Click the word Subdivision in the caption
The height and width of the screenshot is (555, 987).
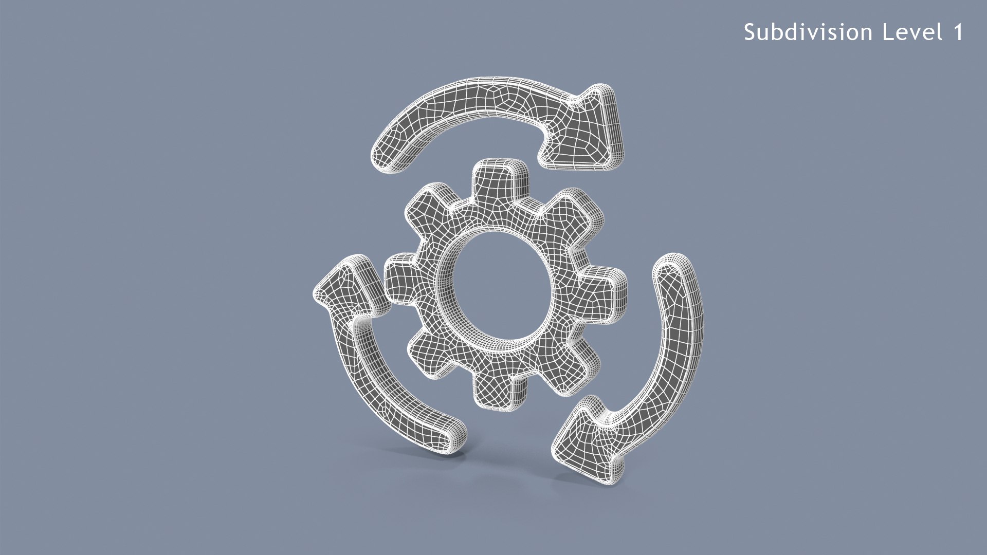808,32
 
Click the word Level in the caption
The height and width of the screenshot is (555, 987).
912,32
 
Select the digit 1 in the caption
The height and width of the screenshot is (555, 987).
958,32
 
